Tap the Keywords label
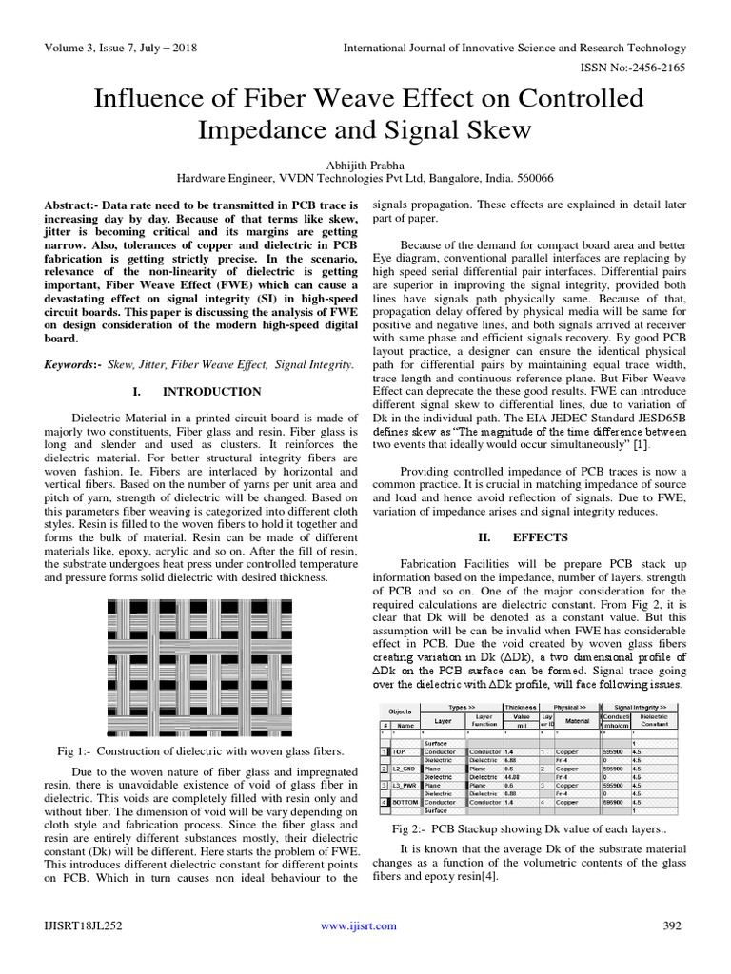pyautogui.click(x=73, y=365)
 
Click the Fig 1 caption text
pyautogui.click(x=186, y=750)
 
